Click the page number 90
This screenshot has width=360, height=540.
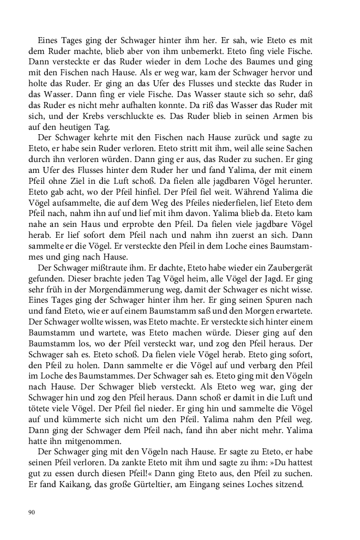click(x=31, y=512)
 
